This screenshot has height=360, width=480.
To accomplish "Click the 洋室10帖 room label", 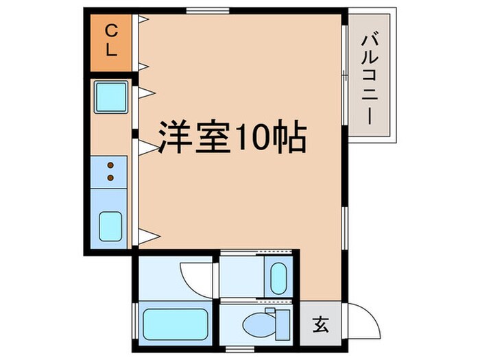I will coord(232,139).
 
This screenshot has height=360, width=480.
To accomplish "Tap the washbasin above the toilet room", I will coord(278,277).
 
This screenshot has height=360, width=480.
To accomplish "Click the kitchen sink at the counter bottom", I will coord(110,226).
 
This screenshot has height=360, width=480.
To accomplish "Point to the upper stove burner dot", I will coord(110,165).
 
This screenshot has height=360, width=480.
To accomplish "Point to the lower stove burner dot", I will coord(110,178).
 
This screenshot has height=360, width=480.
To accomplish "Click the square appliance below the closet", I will coord(110,98).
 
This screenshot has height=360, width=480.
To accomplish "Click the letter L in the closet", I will coord(110,52).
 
